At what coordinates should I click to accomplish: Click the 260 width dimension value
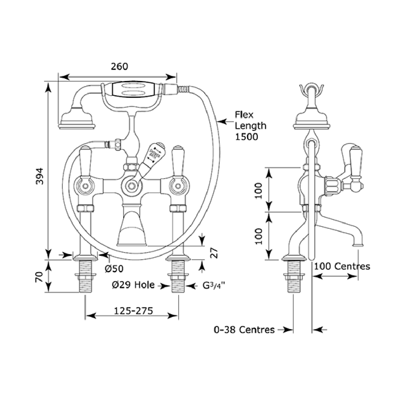[119, 66]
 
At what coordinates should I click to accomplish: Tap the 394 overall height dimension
[39, 176]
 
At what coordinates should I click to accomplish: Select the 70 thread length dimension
[39, 277]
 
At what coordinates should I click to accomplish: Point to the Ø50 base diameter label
[114, 269]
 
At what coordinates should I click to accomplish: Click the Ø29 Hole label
[133, 285]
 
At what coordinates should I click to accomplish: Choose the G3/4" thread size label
[214, 285]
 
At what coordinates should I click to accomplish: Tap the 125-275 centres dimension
[133, 311]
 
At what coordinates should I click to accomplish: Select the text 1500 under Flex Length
[246, 137]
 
